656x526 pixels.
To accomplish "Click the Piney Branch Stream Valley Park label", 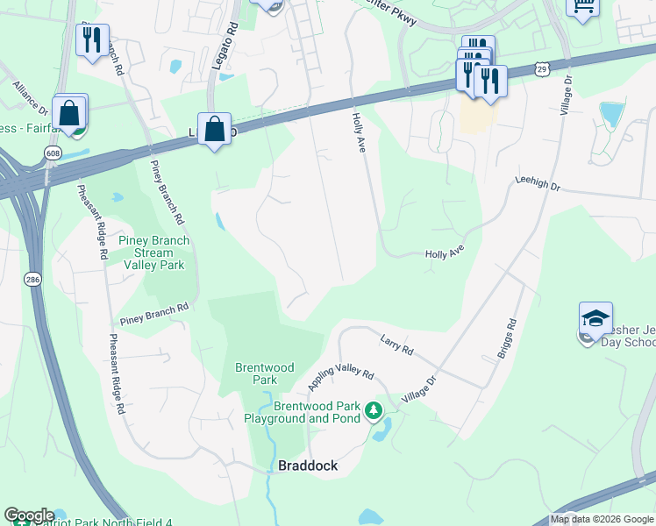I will coord(155,252).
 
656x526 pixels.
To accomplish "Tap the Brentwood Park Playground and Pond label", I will coord(317,412).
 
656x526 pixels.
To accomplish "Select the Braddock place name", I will coord(308,466).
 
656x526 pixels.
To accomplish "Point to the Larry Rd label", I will coord(396,345).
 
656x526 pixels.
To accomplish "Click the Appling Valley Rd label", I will coord(341,380).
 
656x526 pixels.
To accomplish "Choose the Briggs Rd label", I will coord(507,338).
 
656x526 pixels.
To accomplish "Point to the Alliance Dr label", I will coord(31,99).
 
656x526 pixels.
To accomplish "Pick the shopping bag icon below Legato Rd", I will coord(214,130).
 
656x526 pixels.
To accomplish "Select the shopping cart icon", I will coord(581,5).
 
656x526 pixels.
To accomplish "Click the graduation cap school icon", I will coord(595,319).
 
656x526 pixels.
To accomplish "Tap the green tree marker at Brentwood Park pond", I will coord(374,409).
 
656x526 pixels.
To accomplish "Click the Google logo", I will coord(29,515).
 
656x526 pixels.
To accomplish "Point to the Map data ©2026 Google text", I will coord(602,519).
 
